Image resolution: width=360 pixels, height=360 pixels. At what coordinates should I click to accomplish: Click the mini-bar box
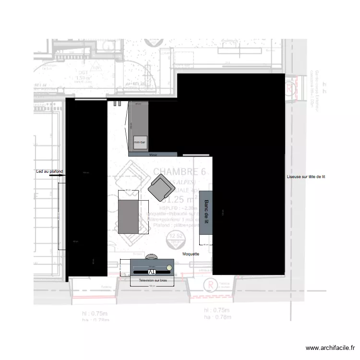point(140,143)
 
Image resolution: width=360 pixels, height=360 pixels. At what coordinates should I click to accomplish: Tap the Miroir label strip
point(153,155)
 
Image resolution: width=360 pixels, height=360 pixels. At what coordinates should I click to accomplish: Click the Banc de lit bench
point(206,212)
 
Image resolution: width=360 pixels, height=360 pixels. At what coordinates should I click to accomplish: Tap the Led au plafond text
point(49,171)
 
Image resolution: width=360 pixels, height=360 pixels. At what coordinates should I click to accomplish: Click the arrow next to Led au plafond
point(58,176)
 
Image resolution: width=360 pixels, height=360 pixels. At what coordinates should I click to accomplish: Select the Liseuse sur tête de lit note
point(306,177)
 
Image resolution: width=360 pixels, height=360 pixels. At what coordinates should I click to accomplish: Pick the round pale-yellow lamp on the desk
point(169,267)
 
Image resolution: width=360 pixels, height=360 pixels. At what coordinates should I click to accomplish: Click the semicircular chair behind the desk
point(153,256)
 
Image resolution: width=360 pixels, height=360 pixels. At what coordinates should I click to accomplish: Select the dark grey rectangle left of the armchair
point(128,216)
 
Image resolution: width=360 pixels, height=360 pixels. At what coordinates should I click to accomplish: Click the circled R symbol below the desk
point(208,285)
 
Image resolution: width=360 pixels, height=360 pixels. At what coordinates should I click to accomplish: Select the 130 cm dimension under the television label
point(153,286)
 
